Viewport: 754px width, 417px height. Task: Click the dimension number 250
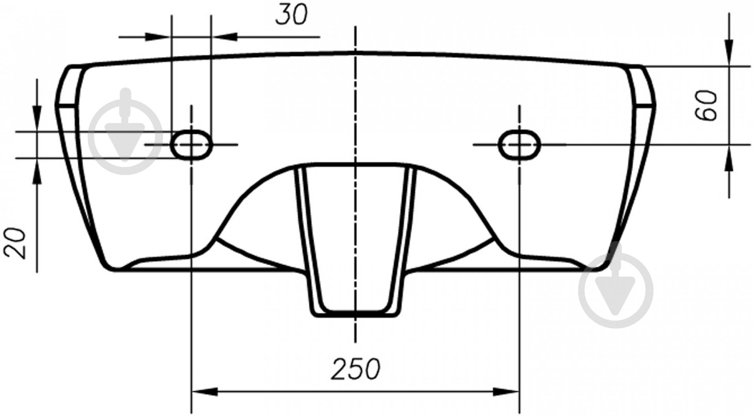[x=356, y=369]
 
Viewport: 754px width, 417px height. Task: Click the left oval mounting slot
[x=191, y=144]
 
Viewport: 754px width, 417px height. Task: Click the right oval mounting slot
[x=519, y=144]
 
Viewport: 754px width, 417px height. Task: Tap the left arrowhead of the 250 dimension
[x=204, y=392]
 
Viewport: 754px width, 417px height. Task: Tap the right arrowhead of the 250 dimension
[x=507, y=392]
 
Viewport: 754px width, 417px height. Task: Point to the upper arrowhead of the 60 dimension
[x=729, y=53]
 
